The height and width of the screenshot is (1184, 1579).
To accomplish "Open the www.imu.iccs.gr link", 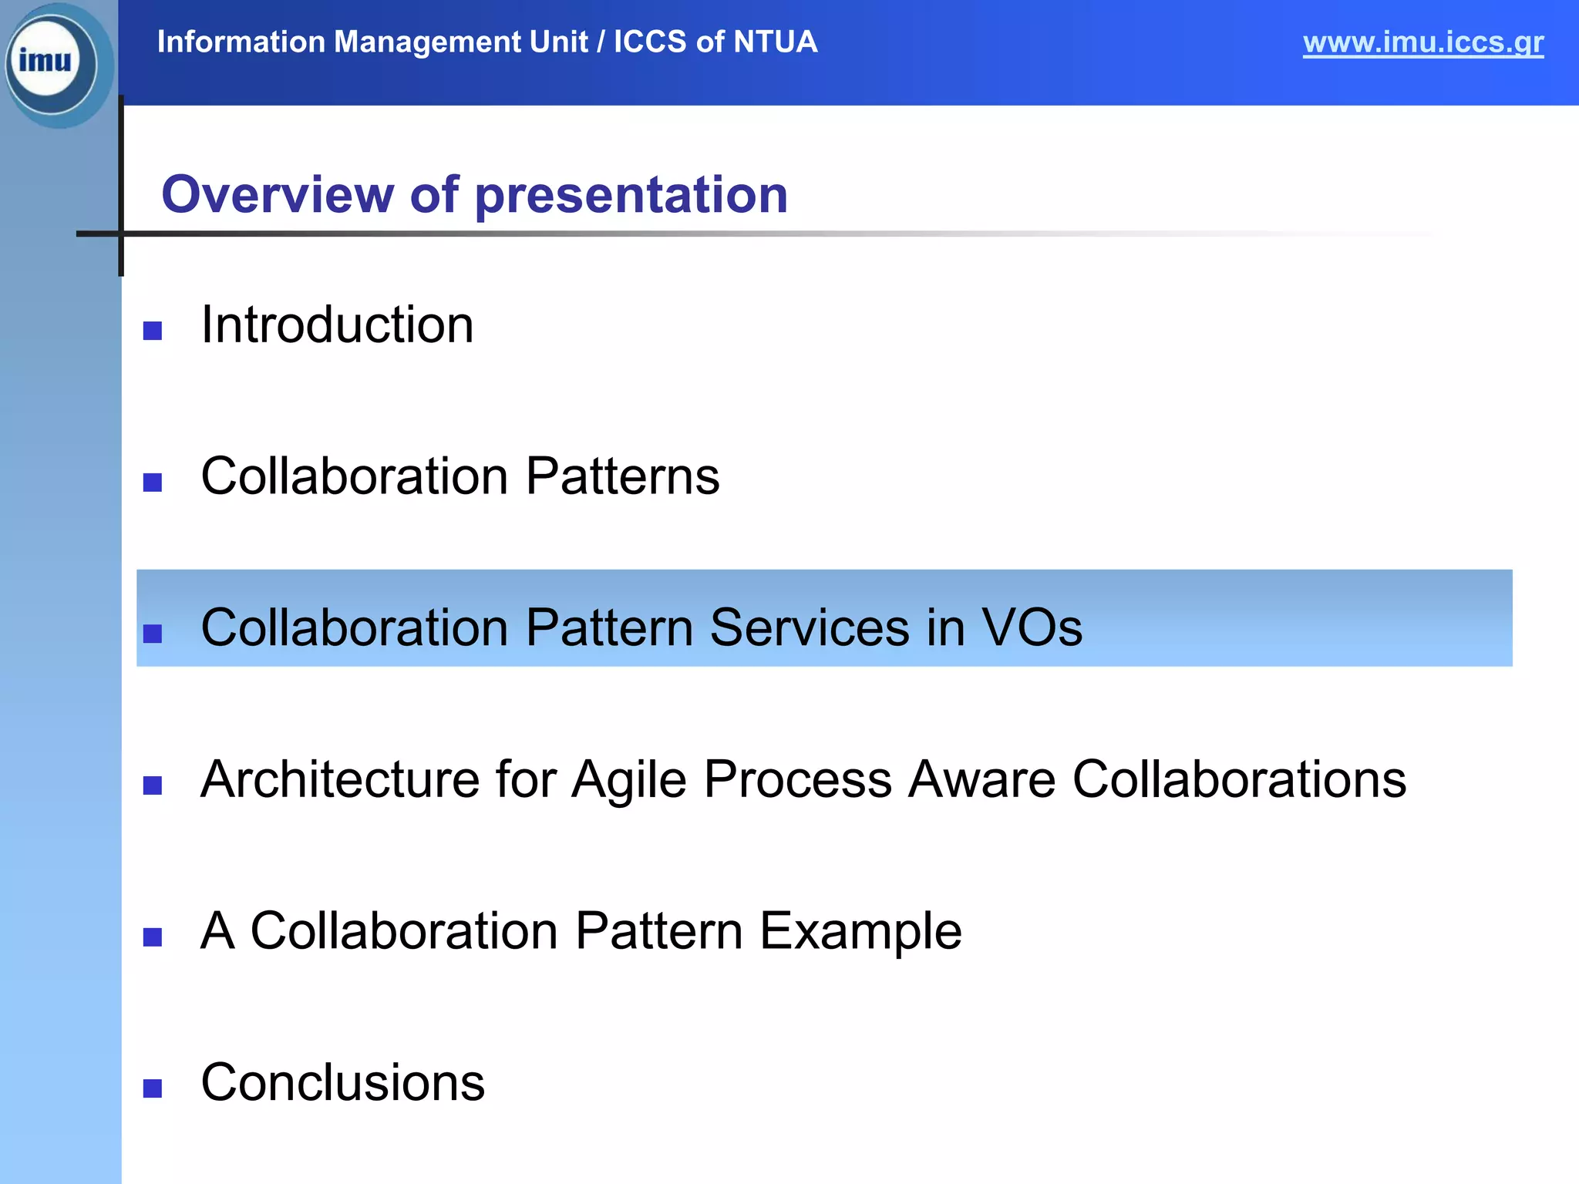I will coord(1422,42).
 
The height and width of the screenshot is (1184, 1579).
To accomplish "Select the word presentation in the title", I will coord(631,196).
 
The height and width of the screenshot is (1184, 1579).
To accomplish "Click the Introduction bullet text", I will coord(337,325).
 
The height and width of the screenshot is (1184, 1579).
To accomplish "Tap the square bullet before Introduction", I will coord(153,331).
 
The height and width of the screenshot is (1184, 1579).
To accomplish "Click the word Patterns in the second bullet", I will coord(622,476).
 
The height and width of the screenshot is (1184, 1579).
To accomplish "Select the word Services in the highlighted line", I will coord(810,627).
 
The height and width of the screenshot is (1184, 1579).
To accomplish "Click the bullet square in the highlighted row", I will coord(153,634).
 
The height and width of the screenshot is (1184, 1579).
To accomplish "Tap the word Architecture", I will coord(339,779).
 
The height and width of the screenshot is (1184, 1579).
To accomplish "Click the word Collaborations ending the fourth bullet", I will coord(1239,779).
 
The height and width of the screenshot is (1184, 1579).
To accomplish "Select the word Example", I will coord(860,931).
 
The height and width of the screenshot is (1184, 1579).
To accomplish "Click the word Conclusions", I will coord(342,1082).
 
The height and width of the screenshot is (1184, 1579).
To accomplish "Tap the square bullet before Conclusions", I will coord(153,1088).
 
